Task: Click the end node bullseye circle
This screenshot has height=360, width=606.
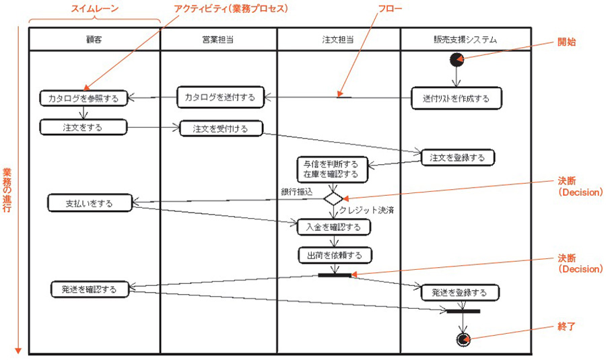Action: tap(462, 338)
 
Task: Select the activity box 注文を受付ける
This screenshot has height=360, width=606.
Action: tap(220, 128)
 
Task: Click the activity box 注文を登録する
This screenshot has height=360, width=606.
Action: tap(457, 157)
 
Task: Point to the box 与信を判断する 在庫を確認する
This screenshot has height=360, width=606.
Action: tap(331, 170)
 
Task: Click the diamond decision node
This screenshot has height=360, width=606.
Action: tap(333, 199)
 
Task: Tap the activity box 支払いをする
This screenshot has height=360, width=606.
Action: tap(90, 202)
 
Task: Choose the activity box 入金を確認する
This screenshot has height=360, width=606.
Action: tap(334, 227)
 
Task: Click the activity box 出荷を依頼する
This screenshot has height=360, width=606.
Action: tap(335, 255)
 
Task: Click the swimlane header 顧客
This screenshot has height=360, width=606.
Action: tap(94, 40)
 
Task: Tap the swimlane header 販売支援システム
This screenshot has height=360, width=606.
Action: tap(465, 40)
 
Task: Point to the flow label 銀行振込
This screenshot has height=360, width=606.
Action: tap(297, 192)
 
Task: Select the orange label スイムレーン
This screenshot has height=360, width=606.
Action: tap(94, 9)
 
